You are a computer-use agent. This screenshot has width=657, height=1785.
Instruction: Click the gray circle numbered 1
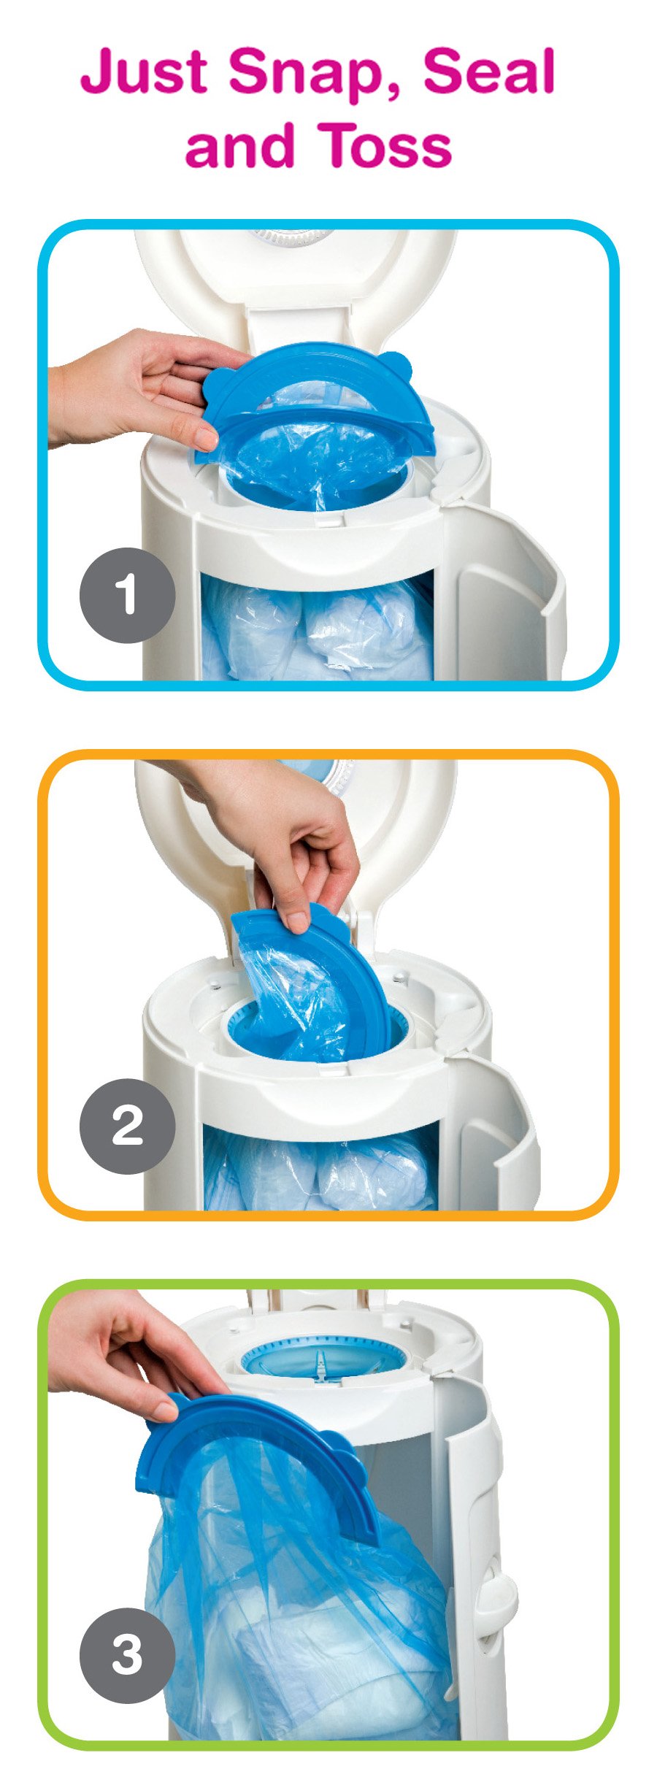(x=127, y=595)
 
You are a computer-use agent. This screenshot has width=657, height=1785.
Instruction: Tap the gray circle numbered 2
(x=127, y=1126)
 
